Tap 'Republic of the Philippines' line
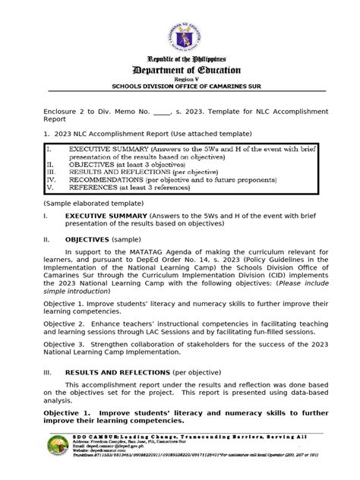click(x=180, y=58)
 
